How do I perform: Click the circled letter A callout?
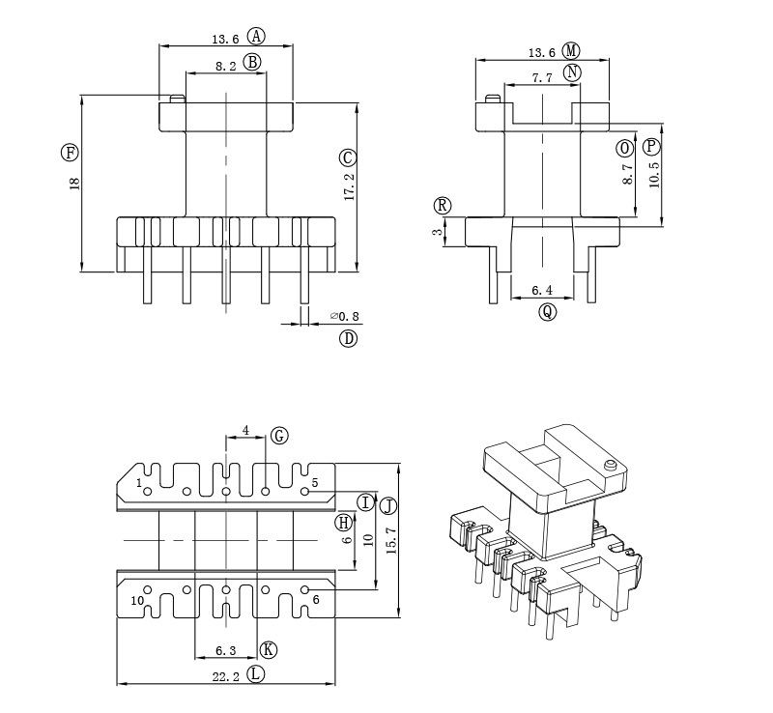coord(256,37)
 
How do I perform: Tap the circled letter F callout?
coord(69,152)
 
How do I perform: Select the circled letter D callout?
coord(348,338)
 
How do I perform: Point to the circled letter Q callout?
coord(548,312)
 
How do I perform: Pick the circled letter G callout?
coord(279,436)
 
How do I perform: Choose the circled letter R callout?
coord(443,206)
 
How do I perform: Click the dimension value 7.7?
coord(542,78)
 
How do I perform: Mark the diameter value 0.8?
coord(345,316)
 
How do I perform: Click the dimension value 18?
coord(74,184)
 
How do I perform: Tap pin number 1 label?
coord(139,481)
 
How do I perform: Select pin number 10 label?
coord(138,600)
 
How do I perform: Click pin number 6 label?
coord(315,600)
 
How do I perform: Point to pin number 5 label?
coord(315,481)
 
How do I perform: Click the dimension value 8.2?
coord(225,67)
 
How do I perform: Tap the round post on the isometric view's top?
coord(610,469)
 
